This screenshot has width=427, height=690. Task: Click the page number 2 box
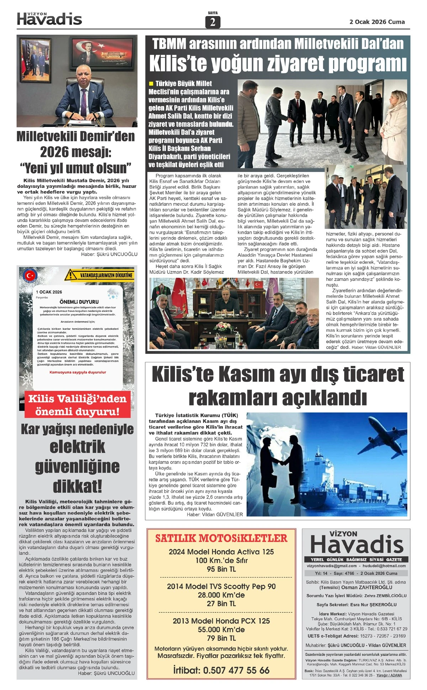212,22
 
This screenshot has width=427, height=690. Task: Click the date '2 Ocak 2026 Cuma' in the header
377,22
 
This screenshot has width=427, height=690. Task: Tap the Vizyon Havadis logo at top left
49,19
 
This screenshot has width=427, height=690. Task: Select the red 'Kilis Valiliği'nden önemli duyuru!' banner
78,405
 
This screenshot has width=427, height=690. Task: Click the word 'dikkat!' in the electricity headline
77,486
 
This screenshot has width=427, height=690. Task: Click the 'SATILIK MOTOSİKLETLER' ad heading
221,538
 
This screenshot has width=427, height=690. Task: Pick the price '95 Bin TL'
221,569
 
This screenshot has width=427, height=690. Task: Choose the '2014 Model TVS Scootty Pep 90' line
221,586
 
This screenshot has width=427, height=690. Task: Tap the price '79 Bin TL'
221,638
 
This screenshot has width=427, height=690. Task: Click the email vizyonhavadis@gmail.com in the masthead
332,566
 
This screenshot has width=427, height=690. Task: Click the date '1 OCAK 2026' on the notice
49,292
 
